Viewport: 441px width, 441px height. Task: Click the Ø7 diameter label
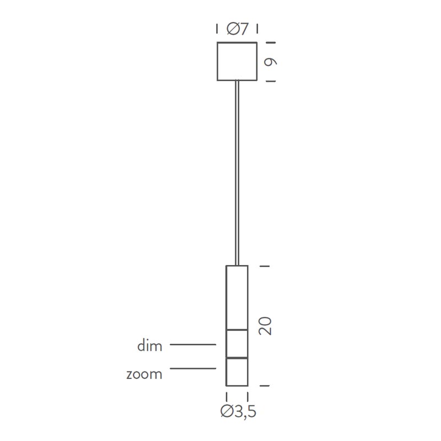[237, 29]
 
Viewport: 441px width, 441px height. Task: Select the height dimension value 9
[271, 62]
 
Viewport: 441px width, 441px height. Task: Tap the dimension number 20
[265, 326]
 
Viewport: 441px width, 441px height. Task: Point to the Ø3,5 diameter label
[238, 411]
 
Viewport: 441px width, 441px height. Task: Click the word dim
[149, 346]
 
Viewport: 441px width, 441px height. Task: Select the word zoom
[144, 374]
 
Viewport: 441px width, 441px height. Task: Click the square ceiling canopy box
[237, 61]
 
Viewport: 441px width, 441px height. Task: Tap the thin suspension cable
[237, 171]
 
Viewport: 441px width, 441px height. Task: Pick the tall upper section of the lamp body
[237, 297]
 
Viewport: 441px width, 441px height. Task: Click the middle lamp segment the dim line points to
[237, 343]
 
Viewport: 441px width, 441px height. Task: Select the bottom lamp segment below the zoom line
[237, 372]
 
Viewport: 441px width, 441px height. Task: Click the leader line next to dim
[192, 345]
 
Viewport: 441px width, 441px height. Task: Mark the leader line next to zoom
[192, 368]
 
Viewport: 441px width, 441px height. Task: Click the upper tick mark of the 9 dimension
[271, 42]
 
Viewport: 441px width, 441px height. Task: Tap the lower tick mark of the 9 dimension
[271, 81]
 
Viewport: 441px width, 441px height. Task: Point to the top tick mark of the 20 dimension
[265, 266]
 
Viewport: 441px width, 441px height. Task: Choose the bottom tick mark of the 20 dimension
[265, 386]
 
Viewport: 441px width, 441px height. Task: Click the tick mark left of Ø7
[217, 29]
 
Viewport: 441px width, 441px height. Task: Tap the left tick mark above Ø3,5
[227, 397]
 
